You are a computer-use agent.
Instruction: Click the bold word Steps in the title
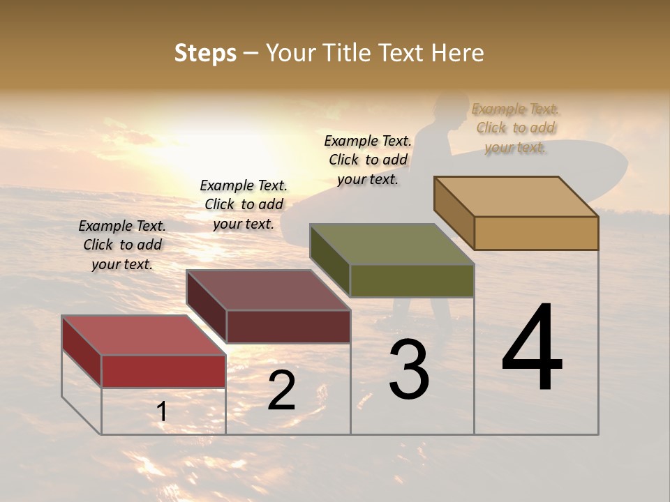[205, 53]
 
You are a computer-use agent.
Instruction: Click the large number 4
[532, 349]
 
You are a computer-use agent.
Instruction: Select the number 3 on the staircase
[409, 370]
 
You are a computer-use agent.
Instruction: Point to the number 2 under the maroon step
[281, 391]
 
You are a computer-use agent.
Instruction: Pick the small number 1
[161, 412]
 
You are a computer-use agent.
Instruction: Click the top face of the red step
[143, 335]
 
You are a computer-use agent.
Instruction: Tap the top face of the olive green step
[392, 244]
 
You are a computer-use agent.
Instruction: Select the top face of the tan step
[516, 197]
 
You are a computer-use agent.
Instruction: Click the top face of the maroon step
[268, 290]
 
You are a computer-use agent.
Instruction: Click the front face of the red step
[163, 371]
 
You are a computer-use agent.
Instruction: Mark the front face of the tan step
[536, 233]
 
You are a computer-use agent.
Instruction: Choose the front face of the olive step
[412, 280]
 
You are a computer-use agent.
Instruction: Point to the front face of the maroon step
[288, 326]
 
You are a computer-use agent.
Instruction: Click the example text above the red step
[122, 245]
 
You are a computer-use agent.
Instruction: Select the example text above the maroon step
[244, 204]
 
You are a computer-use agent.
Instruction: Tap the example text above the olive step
[368, 160]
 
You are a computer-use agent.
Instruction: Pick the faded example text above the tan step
[515, 128]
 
